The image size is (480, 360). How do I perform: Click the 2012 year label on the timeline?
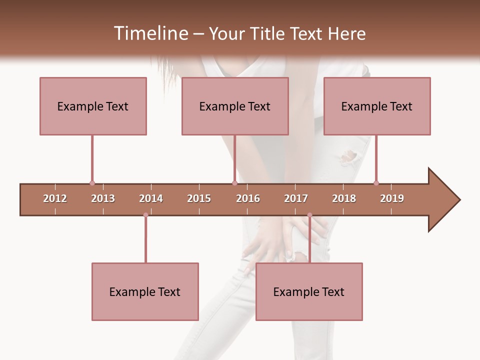pyautogui.click(x=55, y=198)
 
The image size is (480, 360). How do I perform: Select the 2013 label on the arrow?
pyautogui.click(x=103, y=198)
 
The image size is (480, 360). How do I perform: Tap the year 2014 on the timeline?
pyautogui.click(x=151, y=198)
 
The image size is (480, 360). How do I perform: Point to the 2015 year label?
pyautogui.click(x=199, y=198)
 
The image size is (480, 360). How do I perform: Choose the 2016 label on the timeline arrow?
pyautogui.click(x=248, y=198)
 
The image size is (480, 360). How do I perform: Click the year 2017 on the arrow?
pyautogui.click(x=296, y=198)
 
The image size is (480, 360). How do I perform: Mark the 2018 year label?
pyautogui.click(x=344, y=198)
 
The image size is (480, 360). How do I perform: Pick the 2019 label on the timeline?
pyautogui.click(x=392, y=198)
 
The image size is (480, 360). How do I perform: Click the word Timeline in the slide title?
pyautogui.click(x=150, y=33)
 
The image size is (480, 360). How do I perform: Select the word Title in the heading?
pyautogui.click(x=269, y=33)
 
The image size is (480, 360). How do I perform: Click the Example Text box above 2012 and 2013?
pyautogui.click(x=93, y=106)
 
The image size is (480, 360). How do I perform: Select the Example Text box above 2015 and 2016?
pyautogui.click(x=235, y=106)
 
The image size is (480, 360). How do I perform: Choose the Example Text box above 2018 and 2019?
pyautogui.click(x=377, y=106)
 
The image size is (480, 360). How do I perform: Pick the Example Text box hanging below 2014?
pyautogui.click(x=145, y=291)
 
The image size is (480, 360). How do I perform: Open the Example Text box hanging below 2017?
pyautogui.click(x=309, y=291)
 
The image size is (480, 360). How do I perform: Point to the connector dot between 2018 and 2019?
pyautogui.click(x=376, y=183)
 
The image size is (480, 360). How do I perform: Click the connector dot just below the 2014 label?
pyautogui.click(x=145, y=215)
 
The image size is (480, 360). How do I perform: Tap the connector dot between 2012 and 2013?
pyautogui.click(x=92, y=183)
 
